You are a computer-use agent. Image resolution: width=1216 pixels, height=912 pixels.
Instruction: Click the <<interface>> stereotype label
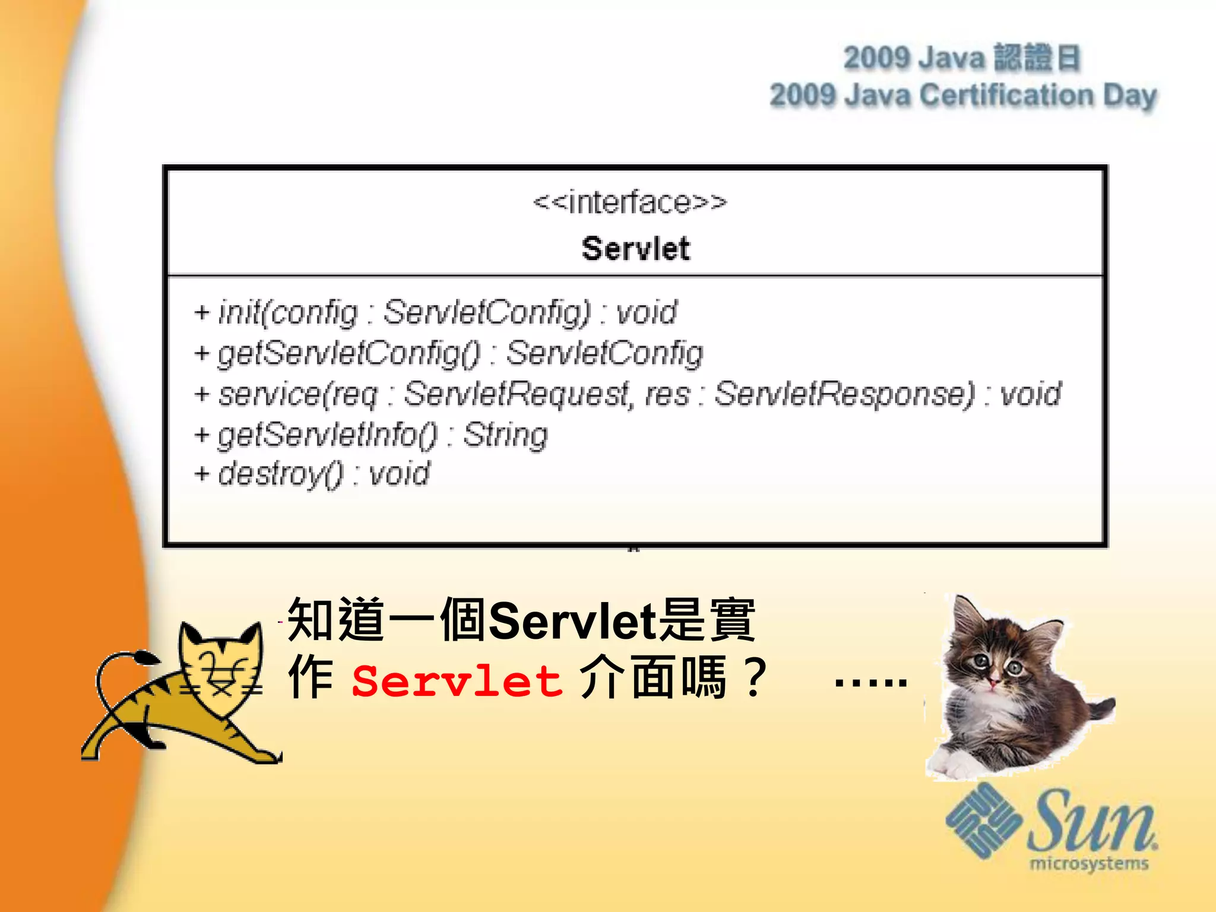[x=629, y=202]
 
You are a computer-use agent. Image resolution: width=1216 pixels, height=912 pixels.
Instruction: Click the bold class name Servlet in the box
[x=635, y=248]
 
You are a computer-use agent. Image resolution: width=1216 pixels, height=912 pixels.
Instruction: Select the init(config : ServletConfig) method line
[x=436, y=312]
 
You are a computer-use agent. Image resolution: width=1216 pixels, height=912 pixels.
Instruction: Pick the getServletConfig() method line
[x=449, y=353]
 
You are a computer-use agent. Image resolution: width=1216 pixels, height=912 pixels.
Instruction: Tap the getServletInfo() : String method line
[x=371, y=435]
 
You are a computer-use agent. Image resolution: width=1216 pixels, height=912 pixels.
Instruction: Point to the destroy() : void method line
[x=312, y=474]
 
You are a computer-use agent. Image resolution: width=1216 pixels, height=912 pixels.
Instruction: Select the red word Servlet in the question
[x=457, y=680]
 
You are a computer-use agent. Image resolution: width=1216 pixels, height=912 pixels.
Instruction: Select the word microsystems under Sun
[x=1089, y=863]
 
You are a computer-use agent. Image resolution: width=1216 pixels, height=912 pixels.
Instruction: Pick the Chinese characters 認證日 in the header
[x=1036, y=58]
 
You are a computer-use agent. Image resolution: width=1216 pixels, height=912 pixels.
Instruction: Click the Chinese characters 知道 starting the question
[x=336, y=620]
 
